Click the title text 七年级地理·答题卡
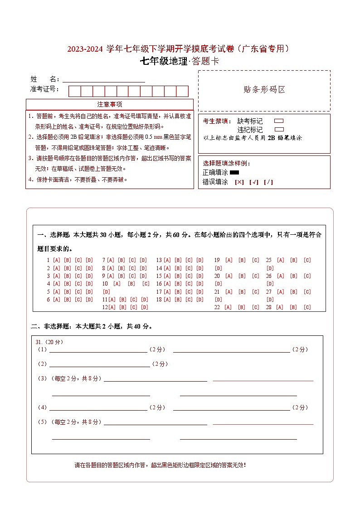[180, 62]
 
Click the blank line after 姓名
[104, 80]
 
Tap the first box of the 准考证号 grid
[74, 91]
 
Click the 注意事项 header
[110, 104]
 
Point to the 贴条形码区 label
[264, 90]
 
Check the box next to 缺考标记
[279, 121]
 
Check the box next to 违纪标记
[279, 129]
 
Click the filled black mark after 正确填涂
[234, 172]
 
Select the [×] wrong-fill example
[239, 182]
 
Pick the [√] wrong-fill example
[254, 182]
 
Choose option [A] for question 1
[57, 260]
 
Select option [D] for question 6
[89, 300]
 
